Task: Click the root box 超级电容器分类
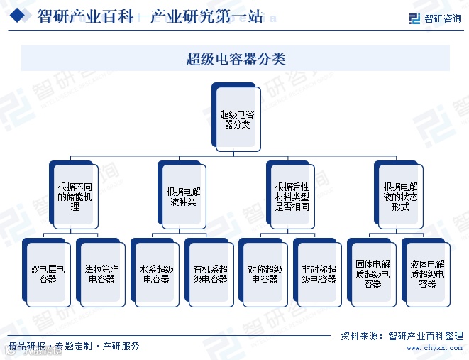pos(237,119)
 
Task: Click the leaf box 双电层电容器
pos(47,274)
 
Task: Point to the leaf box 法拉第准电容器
pos(101,274)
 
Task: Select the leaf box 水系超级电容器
pos(155,274)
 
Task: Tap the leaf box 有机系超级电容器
pos(210,274)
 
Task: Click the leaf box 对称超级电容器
pos(265,274)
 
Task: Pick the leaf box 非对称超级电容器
pos(319,274)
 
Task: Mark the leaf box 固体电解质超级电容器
pos(373,274)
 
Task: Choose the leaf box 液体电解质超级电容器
pos(427,274)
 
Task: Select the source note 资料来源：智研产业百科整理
pos(402,336)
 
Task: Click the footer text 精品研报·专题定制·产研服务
pos(74,347)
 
